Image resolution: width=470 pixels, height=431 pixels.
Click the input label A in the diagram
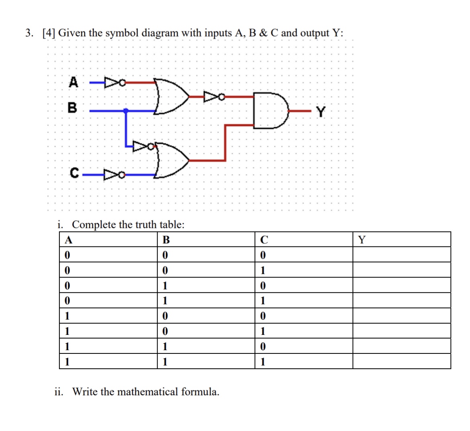[x=73, y=82]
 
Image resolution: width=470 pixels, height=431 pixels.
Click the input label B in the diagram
[x=72, y=108]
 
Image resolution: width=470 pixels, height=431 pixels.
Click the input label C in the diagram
[x=74, y=173]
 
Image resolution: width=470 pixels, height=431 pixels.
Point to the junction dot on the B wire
[x=126, y=110]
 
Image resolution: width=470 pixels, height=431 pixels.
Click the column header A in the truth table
[x=69, y=240]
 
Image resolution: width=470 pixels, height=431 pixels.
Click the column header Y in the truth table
[x=362, y=240]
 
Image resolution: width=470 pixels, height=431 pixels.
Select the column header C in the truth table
[x=264, y=240]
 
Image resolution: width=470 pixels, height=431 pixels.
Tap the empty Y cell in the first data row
[x=401, y=255]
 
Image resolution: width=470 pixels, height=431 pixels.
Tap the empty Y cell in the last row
[x=401, y=362]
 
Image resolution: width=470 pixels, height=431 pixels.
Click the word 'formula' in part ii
[x=200, y=391]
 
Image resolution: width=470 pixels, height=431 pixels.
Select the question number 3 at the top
[x=29, y=33]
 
